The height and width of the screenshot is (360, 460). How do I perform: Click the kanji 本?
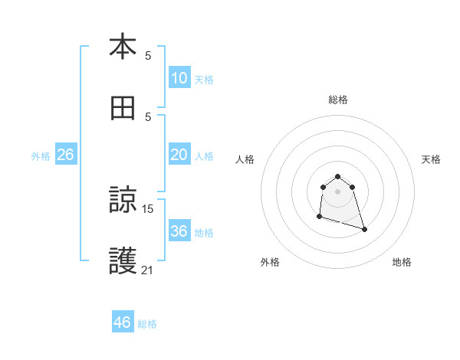[123, 47]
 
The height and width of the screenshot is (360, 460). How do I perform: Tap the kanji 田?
[123, 108]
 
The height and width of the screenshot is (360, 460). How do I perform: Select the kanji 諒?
[123, 201]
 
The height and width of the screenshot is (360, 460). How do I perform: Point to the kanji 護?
[123, 261]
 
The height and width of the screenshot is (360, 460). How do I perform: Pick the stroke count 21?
[148, 269]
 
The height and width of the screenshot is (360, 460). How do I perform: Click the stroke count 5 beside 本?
[148, 55]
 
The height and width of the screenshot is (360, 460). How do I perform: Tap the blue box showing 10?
[179, 78]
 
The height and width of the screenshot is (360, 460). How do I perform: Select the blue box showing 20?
[179, 155]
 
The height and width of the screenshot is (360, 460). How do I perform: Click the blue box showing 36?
[179, 231]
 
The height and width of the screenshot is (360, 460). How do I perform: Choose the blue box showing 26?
[65, 155]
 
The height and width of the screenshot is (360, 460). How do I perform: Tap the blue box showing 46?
[122, 322]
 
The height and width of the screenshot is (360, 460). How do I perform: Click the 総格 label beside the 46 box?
[147, 324]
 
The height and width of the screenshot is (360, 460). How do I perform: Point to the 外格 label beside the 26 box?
[41, 156]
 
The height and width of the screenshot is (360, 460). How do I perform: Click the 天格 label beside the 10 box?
[204, 80]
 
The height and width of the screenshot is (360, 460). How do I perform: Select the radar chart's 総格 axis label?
[338, 100]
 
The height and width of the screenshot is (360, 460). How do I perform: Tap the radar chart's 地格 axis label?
[402, 262]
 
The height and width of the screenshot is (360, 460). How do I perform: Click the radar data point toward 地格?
[364, 229]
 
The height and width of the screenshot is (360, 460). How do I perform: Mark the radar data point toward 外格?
[319, 217]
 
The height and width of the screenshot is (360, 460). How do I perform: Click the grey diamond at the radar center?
[338, 191]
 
